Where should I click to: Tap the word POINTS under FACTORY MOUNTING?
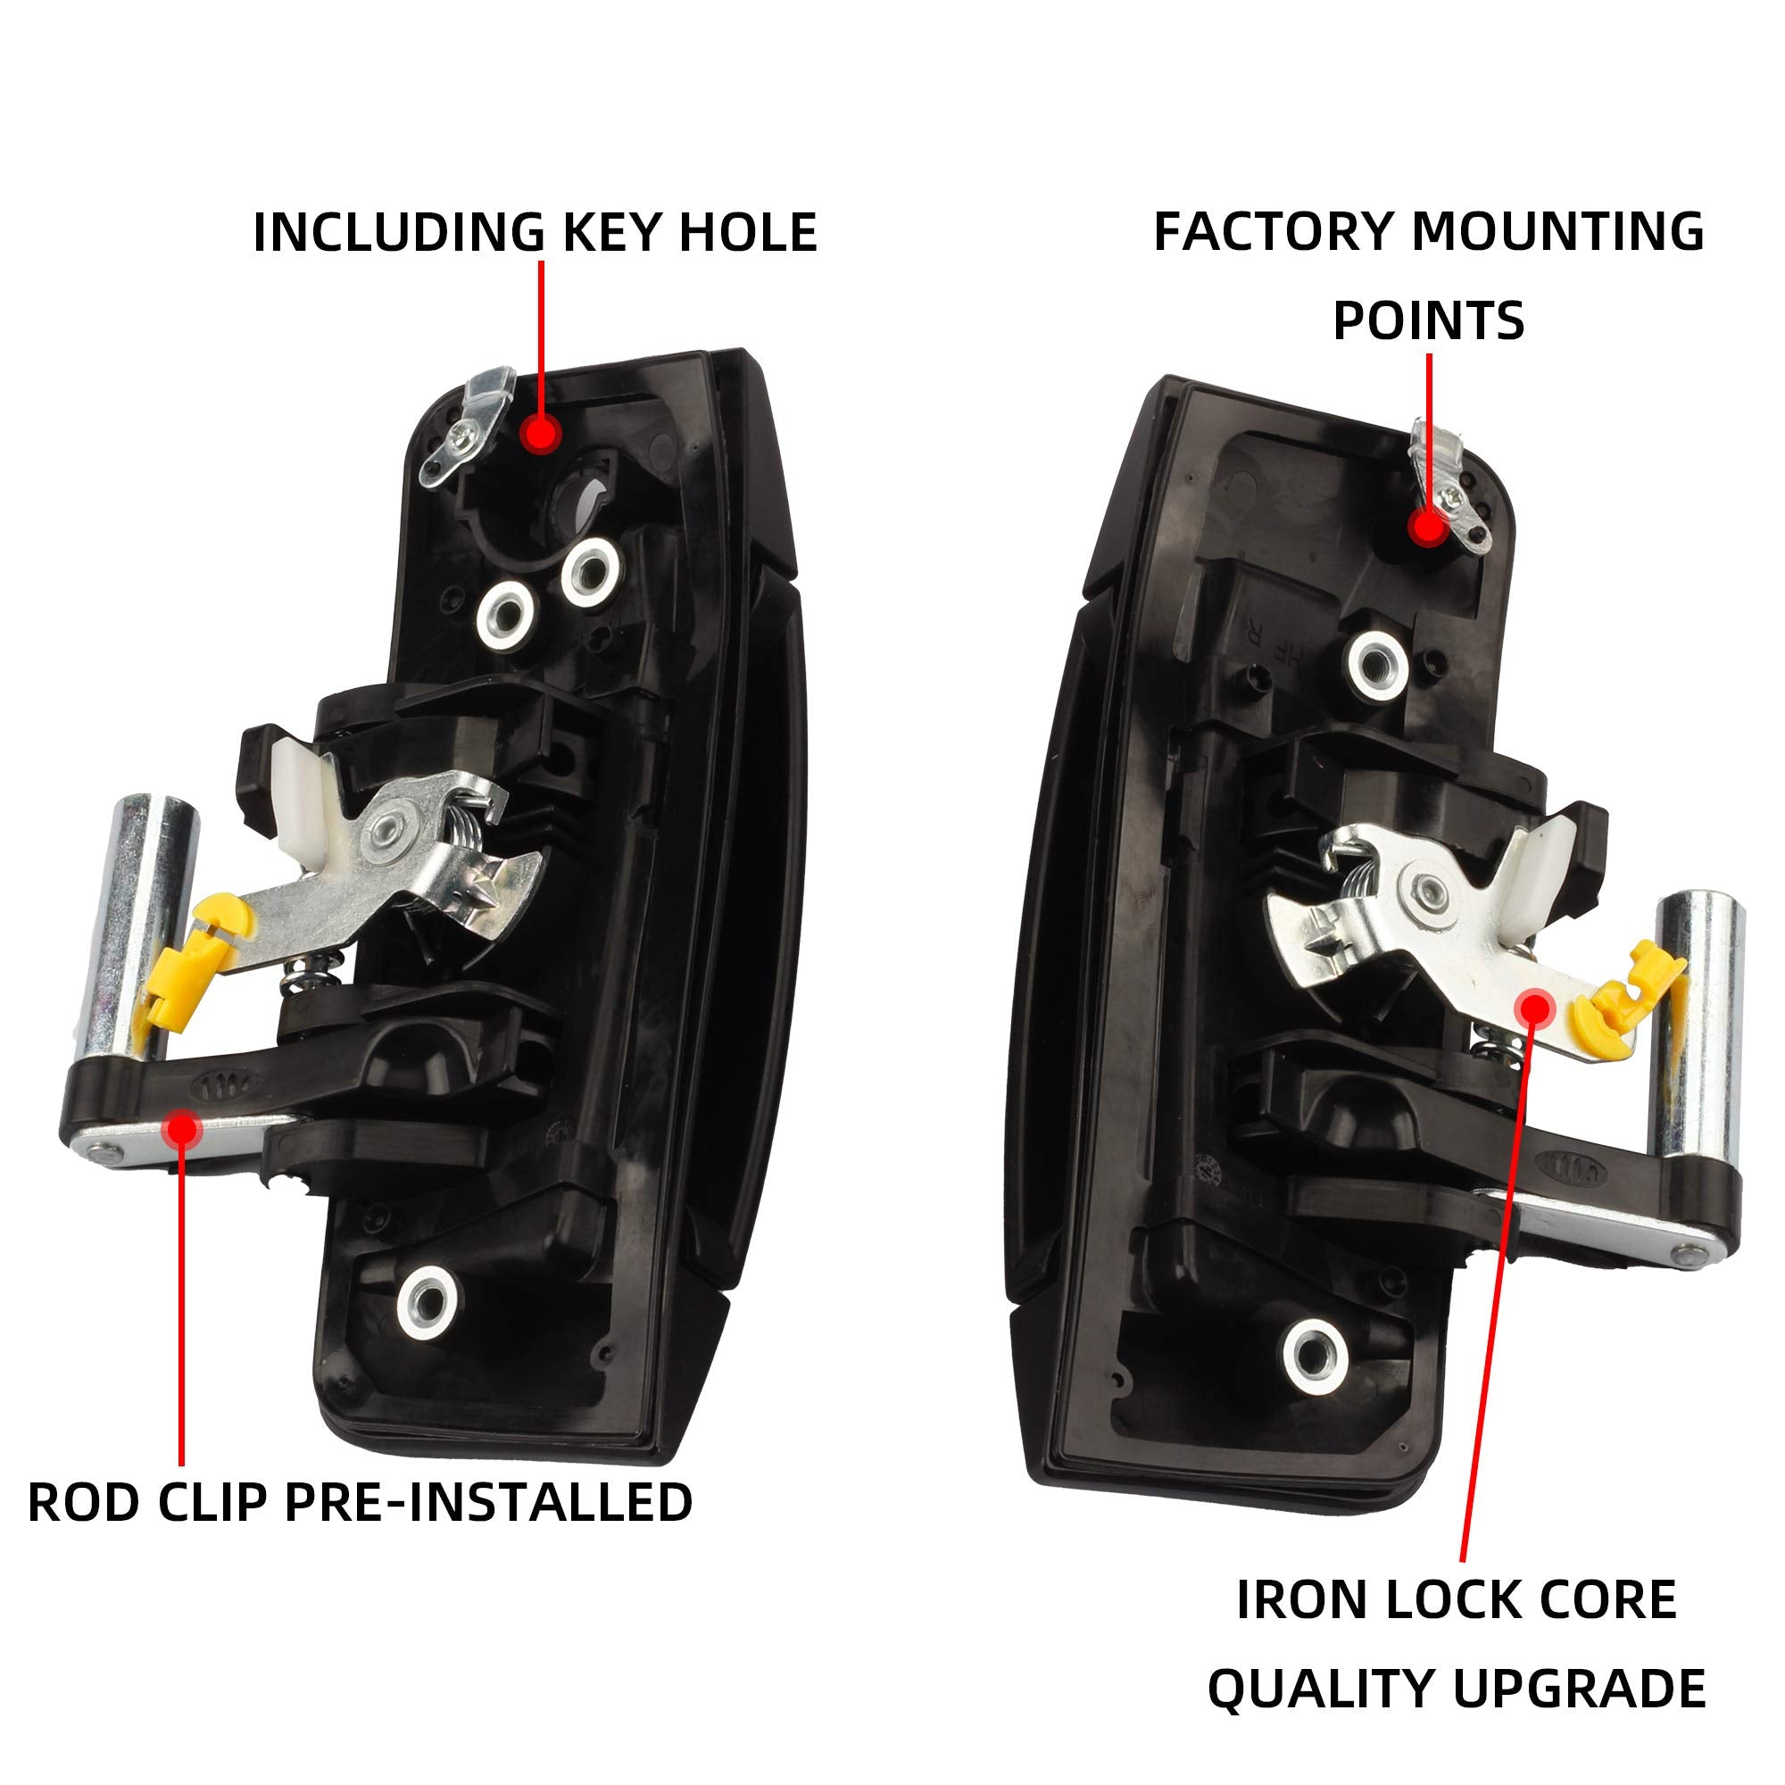coord(1427,320)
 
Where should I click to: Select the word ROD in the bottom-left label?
coord(85,1502)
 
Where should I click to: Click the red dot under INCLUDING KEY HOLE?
coord(540,432)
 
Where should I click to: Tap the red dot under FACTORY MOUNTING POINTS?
coord(1427,527)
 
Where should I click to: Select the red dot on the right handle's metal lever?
coord(1534,1007)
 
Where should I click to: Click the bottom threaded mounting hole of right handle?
coord(1314,1356)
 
